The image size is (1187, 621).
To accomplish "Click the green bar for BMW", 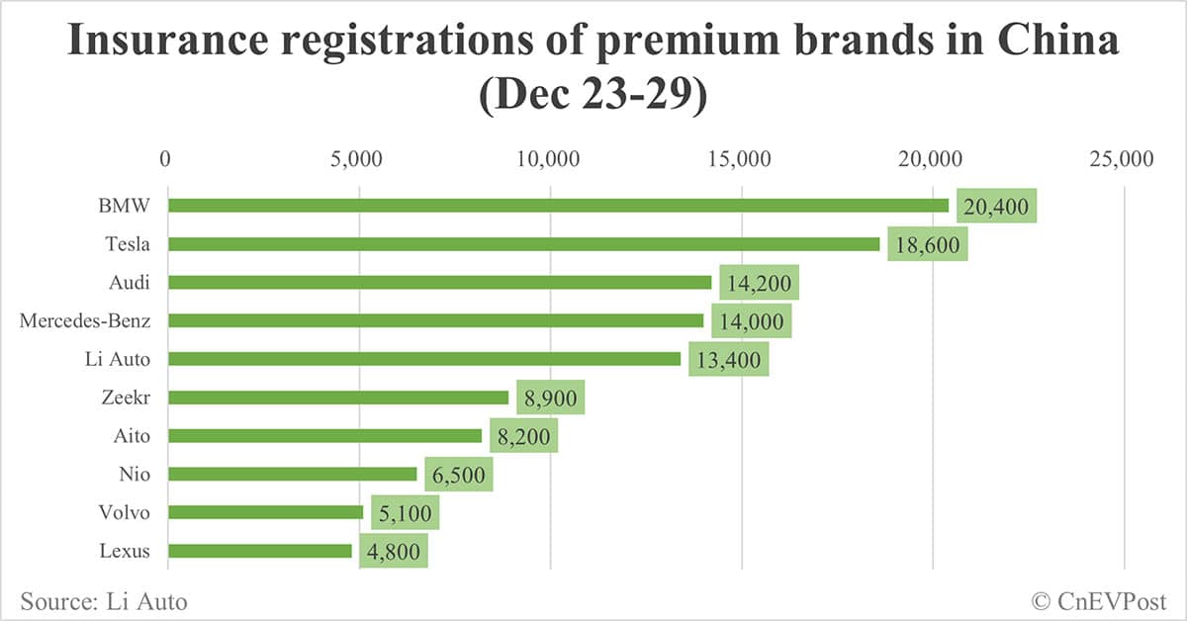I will pyautogui.click(x=558, y=206).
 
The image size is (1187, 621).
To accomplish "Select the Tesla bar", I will pyautogui.click(x=523, y=244).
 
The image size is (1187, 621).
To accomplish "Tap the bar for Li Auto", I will pyautogui.click(x=424, y=359).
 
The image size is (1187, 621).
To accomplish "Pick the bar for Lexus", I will pyautogui.click(x=260, y=551).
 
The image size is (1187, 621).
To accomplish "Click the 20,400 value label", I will pyautogui.click(x=996, y=207).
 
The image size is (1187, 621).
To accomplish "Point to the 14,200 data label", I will pyautogui.click(x=759, y=283).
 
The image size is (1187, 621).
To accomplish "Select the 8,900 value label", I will pyautogui.click(x=550, y=398).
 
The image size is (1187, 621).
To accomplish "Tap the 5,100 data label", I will pyautogui.click(x=405, y=513).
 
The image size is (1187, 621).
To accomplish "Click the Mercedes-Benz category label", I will pyautogui.click(x=85, y=320).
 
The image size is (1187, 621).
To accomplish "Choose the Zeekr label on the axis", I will pyautogui.click(x=127, y=398).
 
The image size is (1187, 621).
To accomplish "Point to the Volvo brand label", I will pyautogui.click(x=125, y=513).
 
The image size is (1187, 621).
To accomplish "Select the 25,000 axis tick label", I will pyautogui.click(x=1123, y=158).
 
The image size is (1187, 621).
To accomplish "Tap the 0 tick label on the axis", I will pyautogui.click(x=166, y=158).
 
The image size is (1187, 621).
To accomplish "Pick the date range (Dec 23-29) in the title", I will pyautogui.click(x=593, y=97).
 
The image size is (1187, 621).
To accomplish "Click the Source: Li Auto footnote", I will pyautogui.click(x=103, y=600).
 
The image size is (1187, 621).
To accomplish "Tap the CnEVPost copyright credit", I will pyautogui.click(x=1099, y=600).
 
